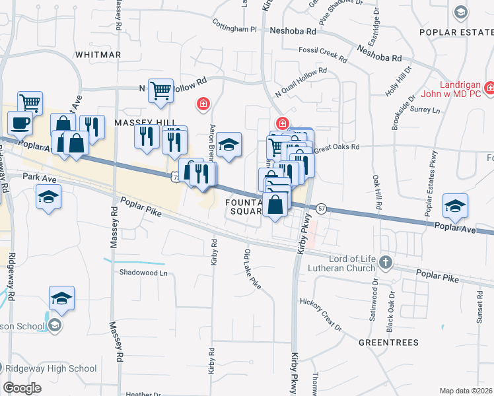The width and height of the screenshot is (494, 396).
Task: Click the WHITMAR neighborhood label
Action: click(x=98, y=55)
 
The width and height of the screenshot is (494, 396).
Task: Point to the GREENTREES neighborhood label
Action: click(x=388, y=343)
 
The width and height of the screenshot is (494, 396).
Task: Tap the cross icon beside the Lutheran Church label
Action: click(x=386, y=264)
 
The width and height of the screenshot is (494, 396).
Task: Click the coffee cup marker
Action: click(x=20, y=122)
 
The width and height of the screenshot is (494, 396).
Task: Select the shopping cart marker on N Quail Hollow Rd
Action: click(x=160, y=91)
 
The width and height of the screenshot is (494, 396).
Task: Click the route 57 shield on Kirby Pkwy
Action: click(x=321, y=207)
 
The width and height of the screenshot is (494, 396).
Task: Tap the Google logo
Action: click(x=22, y=388)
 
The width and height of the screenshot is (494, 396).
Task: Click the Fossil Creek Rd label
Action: click(x=322, y=49)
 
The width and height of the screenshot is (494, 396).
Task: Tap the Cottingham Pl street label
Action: click(x=234, y=30)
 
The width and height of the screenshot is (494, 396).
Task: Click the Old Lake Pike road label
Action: click(x=252, y=269)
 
